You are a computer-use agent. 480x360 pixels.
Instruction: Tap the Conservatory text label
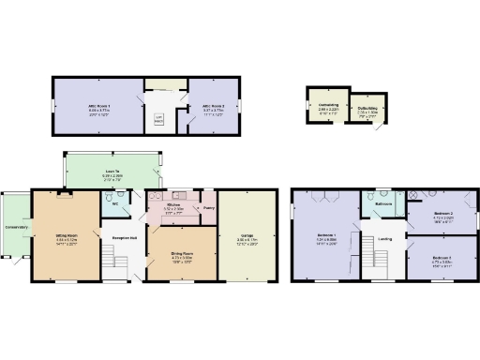pos(16,226)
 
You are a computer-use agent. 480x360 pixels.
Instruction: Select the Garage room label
pos(247,234)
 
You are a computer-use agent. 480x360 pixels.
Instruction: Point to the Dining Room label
pos(181,253)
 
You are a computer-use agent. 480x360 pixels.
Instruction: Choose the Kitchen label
pos(173,203)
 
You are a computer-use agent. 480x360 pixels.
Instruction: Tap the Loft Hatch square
pos(159,117)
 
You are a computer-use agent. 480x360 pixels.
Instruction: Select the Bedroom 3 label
pos(442,257)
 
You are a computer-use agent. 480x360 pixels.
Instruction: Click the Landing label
pos(384,238)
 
